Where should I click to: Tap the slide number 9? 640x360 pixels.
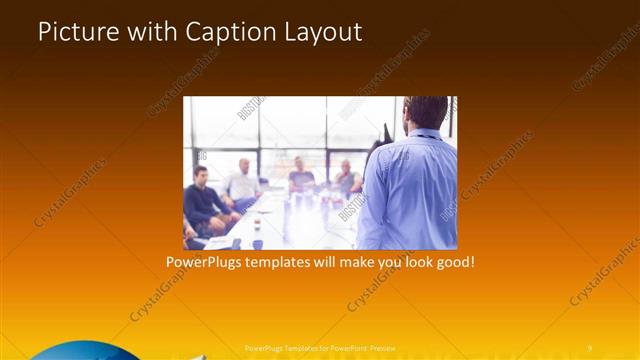coord(590,347)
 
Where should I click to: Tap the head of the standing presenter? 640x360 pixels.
coord(427,112)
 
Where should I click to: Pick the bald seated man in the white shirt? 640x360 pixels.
coord(243,181)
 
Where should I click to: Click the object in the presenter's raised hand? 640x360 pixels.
coord(386,134)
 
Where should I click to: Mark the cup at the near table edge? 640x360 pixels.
coord(257,243)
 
